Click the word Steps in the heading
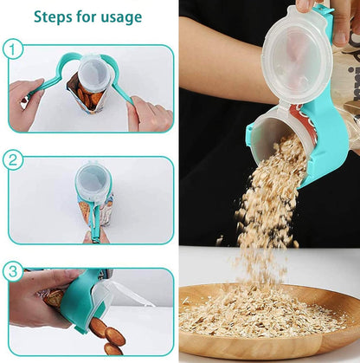point(55,16)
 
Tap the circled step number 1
point(13,49)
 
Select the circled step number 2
point(13,159)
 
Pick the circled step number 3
point(13,269)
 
